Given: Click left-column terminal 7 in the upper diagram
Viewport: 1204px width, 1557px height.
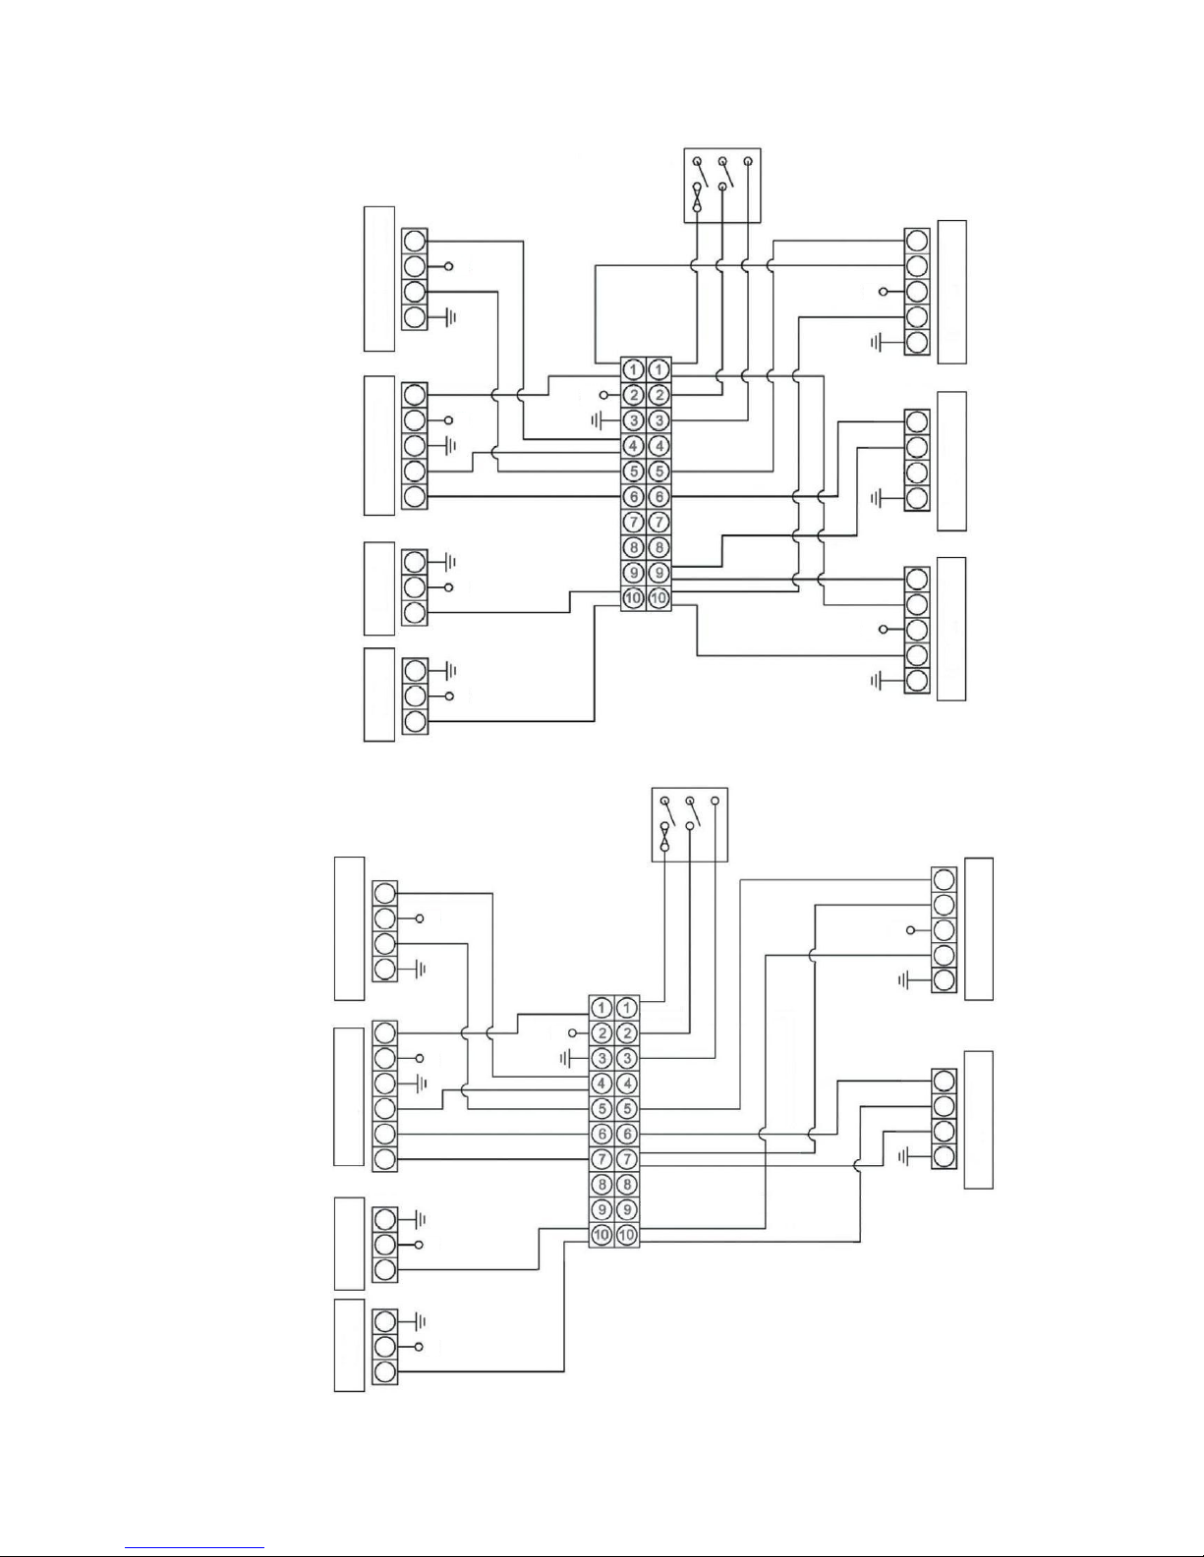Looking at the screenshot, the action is (x=633, y=522).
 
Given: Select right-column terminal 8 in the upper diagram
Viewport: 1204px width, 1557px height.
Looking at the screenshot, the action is (x=659, y=547).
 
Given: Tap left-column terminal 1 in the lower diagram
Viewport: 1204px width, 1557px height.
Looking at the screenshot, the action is (x=602, y=1008).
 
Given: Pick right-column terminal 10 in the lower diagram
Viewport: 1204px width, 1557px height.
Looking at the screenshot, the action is (x=627, y=1235).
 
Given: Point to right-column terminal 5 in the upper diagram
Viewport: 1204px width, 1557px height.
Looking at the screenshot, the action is (x=659, y=472).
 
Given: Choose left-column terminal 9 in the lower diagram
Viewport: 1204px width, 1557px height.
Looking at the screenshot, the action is (x=602, y=1209).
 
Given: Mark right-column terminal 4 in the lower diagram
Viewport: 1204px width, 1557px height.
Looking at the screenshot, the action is (x=627, y=1084).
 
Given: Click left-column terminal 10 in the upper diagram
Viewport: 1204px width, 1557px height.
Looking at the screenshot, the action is (x=633, y=597).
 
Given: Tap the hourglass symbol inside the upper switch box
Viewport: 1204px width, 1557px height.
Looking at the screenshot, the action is (x=697, y=197).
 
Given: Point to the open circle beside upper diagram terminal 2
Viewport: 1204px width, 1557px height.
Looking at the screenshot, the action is (x=603, y=395).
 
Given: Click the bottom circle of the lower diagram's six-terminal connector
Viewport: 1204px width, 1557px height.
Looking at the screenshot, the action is (x=385, y=1158).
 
